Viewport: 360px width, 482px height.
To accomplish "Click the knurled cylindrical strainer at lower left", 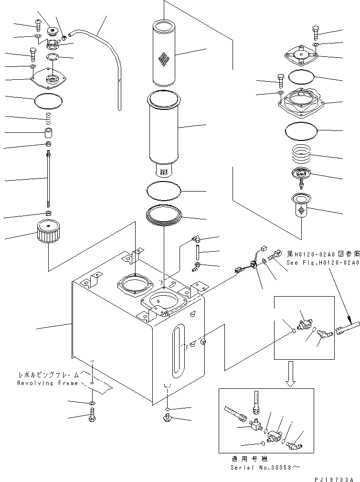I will (47, 233).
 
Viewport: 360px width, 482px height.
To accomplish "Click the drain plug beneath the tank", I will (167, 419).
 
